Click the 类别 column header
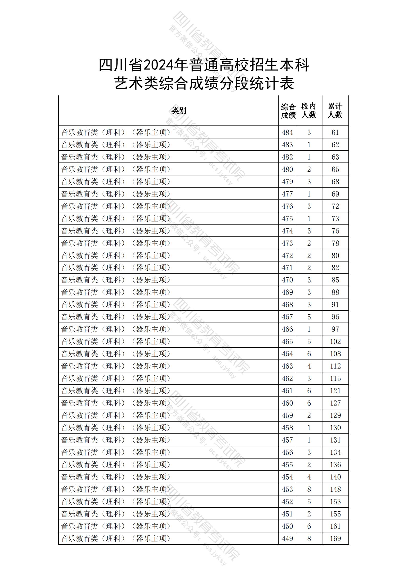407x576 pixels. coord(179,111)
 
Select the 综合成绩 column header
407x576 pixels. coord(288,111)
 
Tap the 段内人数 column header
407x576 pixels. coord(309,111)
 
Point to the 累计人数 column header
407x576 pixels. coord(335,111)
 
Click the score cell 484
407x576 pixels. coord(287,132)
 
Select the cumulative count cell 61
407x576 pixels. coord(335,132)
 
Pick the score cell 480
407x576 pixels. coord(287,169)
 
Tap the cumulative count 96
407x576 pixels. coord(335,317)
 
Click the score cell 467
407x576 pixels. coord(287,317)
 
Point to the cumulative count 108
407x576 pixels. coord(335,354)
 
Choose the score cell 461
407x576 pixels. coord(287,391)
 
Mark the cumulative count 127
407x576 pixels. coord(335,403)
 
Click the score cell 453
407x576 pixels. coord(287,489)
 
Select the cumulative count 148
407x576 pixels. coord(335,489)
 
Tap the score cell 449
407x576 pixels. coord(287,539)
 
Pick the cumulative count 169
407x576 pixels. coord(335,539)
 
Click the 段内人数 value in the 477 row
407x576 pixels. coord(309,194)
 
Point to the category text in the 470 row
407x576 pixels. coord(116,280)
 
